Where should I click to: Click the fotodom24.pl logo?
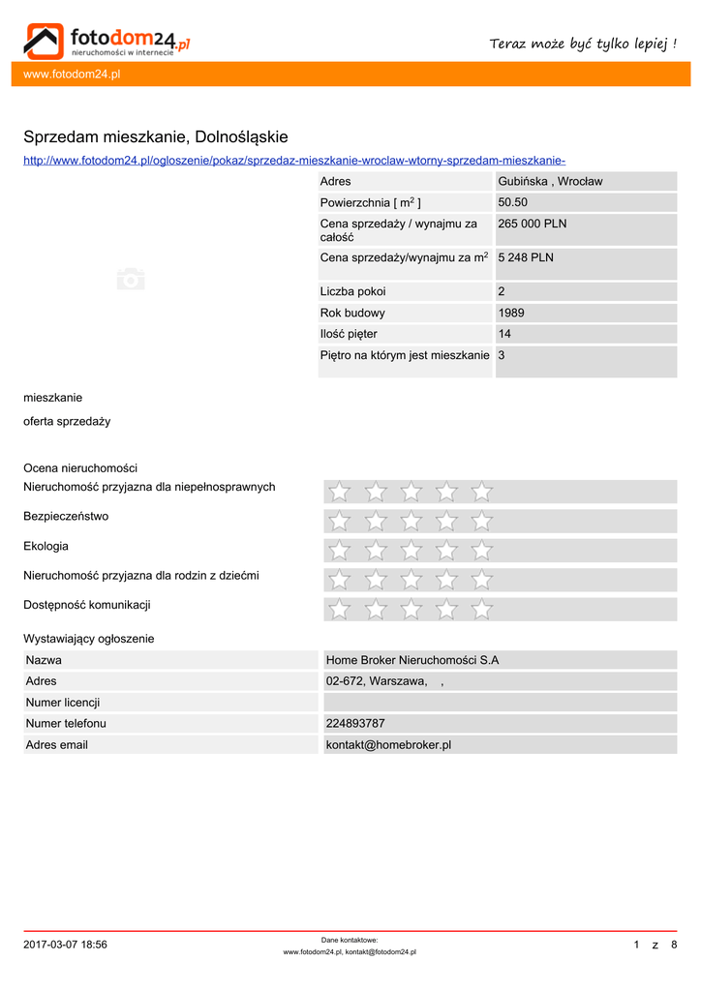107,41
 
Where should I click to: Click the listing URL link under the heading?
294,160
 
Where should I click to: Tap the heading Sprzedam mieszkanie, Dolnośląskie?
156,137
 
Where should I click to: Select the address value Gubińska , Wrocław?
550,181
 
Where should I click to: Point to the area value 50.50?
512,202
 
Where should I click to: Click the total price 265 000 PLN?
533,224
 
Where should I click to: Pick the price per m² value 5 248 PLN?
526,257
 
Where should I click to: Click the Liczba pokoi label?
352,291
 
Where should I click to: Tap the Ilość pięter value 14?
504,334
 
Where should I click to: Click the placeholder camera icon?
131,279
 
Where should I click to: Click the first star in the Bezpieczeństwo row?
339,522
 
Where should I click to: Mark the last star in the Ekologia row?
481,551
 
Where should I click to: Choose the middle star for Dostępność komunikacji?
411,610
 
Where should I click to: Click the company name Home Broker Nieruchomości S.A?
412,660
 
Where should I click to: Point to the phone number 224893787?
355,723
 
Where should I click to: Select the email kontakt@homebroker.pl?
388,744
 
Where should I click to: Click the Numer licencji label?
63,702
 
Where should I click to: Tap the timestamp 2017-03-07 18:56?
65,945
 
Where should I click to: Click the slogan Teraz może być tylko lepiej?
583,44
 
